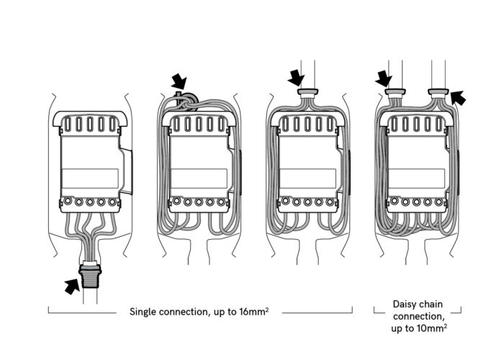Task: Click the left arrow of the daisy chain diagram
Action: pos(384,76)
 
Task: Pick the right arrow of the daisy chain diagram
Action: pos(458,96)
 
